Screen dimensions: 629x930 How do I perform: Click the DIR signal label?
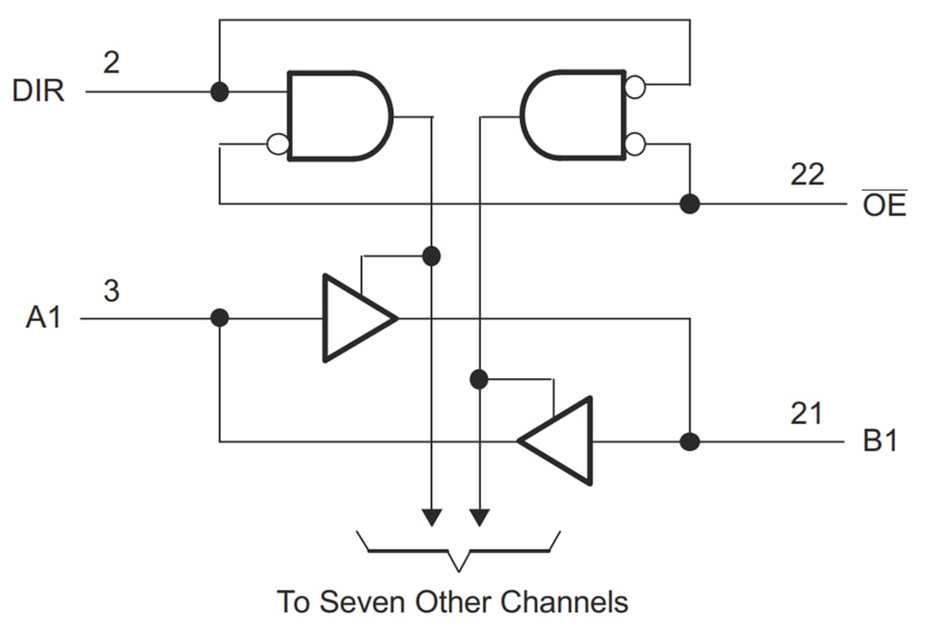click(38, 90)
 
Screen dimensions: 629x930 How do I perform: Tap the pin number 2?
click(111, 63)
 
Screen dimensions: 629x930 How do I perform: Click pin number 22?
click(807, 174)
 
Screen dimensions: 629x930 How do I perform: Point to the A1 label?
click(44, 319)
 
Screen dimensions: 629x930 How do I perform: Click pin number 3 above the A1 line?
click(111, 292)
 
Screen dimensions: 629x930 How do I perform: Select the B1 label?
click(880, 441)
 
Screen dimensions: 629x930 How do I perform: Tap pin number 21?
click(807, 414)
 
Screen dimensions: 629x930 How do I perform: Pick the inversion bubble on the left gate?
click(277, 145)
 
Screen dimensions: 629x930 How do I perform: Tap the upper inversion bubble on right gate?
click(634, 85)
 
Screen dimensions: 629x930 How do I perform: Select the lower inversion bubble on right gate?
click(634, 145)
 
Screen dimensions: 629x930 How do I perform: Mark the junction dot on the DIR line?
click(219, 91)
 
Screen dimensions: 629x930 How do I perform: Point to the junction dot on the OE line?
click(690, 204)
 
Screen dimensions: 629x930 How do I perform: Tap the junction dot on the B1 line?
click(690, 441)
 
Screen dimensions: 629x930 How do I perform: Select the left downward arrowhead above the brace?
click(431, 515)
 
